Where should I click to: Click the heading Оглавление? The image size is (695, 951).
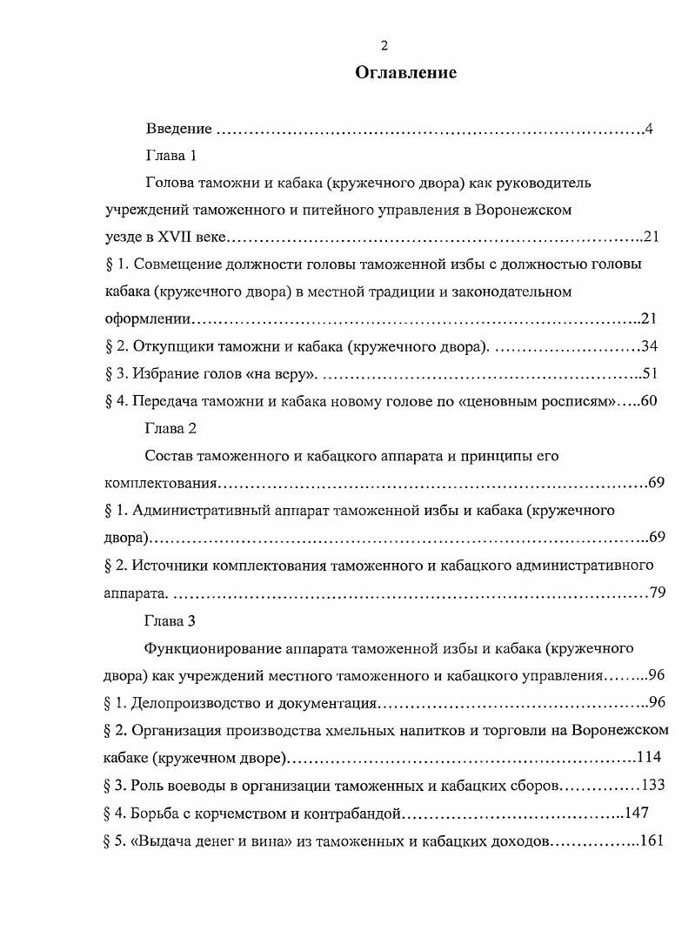click(x=405, y=73)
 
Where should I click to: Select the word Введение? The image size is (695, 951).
click(x=178, y=130)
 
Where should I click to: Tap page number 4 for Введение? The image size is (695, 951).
click(x=649, y=130)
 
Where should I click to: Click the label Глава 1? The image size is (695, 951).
click(x=170, y=157)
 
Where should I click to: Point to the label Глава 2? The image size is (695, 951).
click(x=170, y=428)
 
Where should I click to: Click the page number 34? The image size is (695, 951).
click(x=649, y=346)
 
